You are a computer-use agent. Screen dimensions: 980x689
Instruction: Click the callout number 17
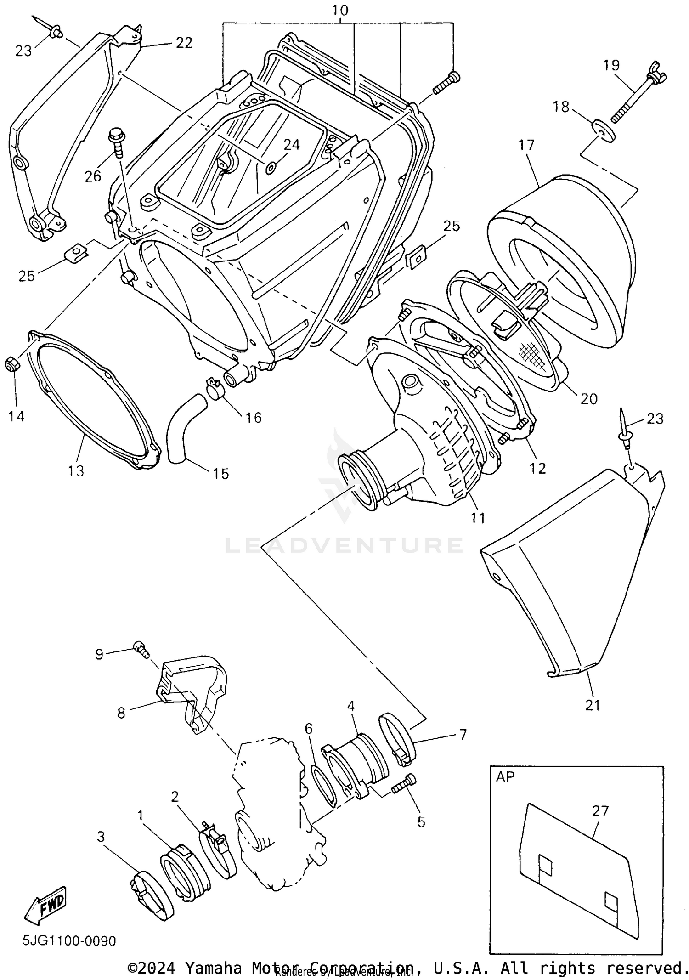click(526, 145)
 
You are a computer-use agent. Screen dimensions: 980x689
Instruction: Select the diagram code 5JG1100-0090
click(69, 941)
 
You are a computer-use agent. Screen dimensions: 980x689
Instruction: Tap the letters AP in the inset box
click(505, 776)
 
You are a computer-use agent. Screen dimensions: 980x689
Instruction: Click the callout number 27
click(600, 811)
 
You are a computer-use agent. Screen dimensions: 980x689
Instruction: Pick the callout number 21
click(592, 705)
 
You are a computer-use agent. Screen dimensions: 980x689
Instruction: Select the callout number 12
click(537, 468)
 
